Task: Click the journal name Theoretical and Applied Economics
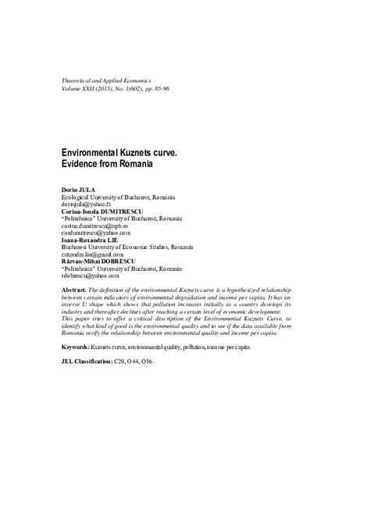(x=109, y=81)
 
